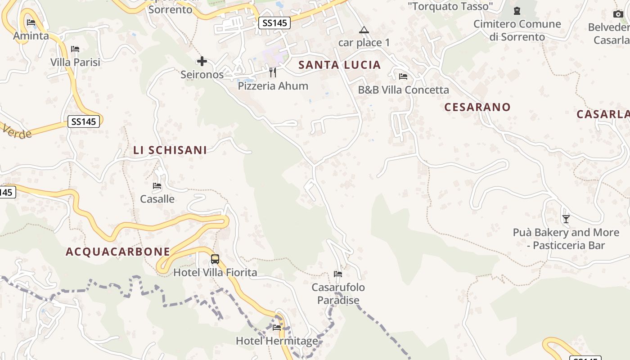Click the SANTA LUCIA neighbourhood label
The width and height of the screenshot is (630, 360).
click(x=340, y=65)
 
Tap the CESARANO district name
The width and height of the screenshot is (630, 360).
click(x=477, y=107)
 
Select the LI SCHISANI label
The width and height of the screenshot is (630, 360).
click(x=170, y=150)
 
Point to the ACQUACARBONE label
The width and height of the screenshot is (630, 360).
click(x=118, y=252)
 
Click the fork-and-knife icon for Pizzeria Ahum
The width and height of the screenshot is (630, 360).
click(x=273, y=72)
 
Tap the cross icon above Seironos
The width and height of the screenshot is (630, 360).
click(x=202, y=61)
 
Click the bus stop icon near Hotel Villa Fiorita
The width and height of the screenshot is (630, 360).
click(x=215, y=259)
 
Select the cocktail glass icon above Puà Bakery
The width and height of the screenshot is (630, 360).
click(x=566, y=219)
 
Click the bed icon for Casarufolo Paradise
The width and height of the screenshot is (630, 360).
click(x=338, y=274)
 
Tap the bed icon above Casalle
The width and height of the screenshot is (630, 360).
click(x=157, y=185)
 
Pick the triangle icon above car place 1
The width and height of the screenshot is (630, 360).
click(x=364, y=30)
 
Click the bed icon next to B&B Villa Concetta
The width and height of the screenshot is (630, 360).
click(x=403, y=76)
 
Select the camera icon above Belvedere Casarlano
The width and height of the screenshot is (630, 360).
click(x=618, y=14)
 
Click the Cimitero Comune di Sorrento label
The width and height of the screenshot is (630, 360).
click(x=517, y=30)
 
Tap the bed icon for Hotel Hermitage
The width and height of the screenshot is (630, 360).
click(x=277, y=328)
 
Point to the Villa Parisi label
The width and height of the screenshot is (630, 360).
click(x=75, y=62)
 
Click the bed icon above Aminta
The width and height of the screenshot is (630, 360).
click(x=31, y=22)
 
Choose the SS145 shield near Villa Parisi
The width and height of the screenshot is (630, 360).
click(x=84, y=121)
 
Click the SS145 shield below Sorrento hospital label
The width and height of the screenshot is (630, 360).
click(x=274, y=23)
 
